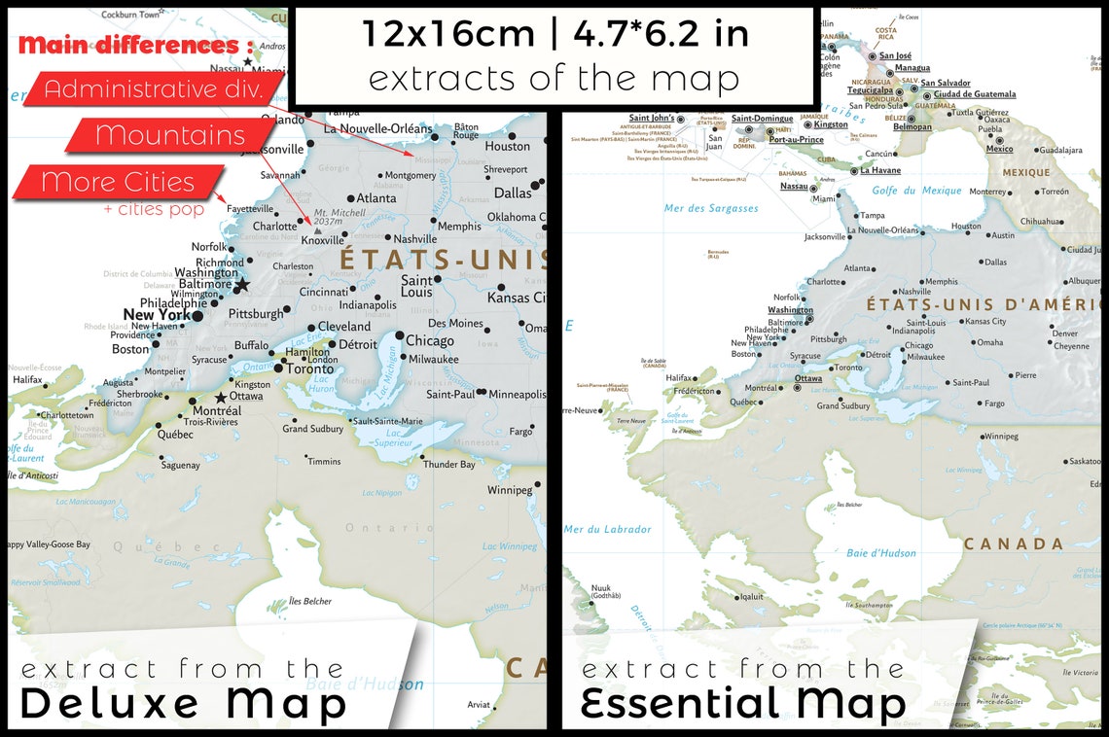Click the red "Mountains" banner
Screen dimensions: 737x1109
tap(170, 135)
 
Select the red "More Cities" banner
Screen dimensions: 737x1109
tap(118, 182)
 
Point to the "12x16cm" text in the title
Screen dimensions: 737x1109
tap(448, 34)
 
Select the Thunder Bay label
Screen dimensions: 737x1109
tap(448, 465)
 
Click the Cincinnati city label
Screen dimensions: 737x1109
tap(324, 292)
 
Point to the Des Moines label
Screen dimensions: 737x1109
tap(455, 323)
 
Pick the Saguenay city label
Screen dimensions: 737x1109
tap(180, 465)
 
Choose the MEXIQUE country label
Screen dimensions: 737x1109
tap(1026, 173)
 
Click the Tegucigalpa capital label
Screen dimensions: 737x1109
tap(870, 90)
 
